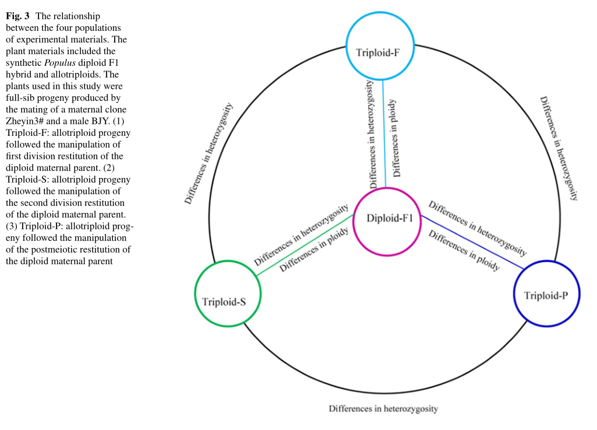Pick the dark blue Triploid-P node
(547, 295)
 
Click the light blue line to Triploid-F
(384, 134)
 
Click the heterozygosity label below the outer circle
(383, 408)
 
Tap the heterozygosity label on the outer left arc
(209, 154)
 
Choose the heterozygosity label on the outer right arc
(558, 148)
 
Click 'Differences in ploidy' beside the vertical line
(397, 138)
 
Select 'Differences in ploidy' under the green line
(315, 250)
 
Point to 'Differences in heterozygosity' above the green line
(301, 234)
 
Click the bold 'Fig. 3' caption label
(17, 16)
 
